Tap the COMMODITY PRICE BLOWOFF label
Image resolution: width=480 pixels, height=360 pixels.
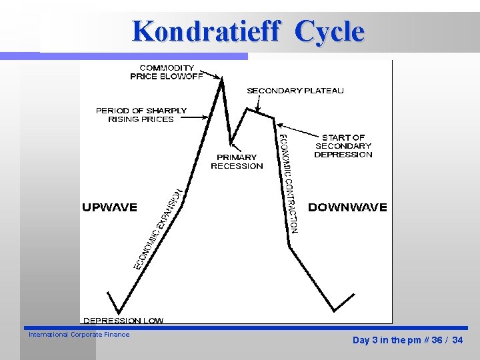point(167,72)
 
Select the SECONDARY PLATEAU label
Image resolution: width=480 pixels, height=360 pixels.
point(295,91)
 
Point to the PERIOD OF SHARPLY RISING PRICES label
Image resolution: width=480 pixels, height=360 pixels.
point(141,115)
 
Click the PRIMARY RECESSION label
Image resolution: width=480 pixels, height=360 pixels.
point(237,162)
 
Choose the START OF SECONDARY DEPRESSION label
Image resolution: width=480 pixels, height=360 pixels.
point(343,146)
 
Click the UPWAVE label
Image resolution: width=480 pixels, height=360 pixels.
point(109,207)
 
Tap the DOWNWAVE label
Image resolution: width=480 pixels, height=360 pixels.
point(347,207)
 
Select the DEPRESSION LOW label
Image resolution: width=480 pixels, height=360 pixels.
point(123,321)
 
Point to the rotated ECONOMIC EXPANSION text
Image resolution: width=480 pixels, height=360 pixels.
point(159,229)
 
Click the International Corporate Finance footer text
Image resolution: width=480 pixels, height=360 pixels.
point(79,335)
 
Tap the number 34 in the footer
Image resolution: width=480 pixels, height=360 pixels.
point(457,341)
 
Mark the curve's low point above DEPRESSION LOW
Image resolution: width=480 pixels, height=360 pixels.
point(119,312)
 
